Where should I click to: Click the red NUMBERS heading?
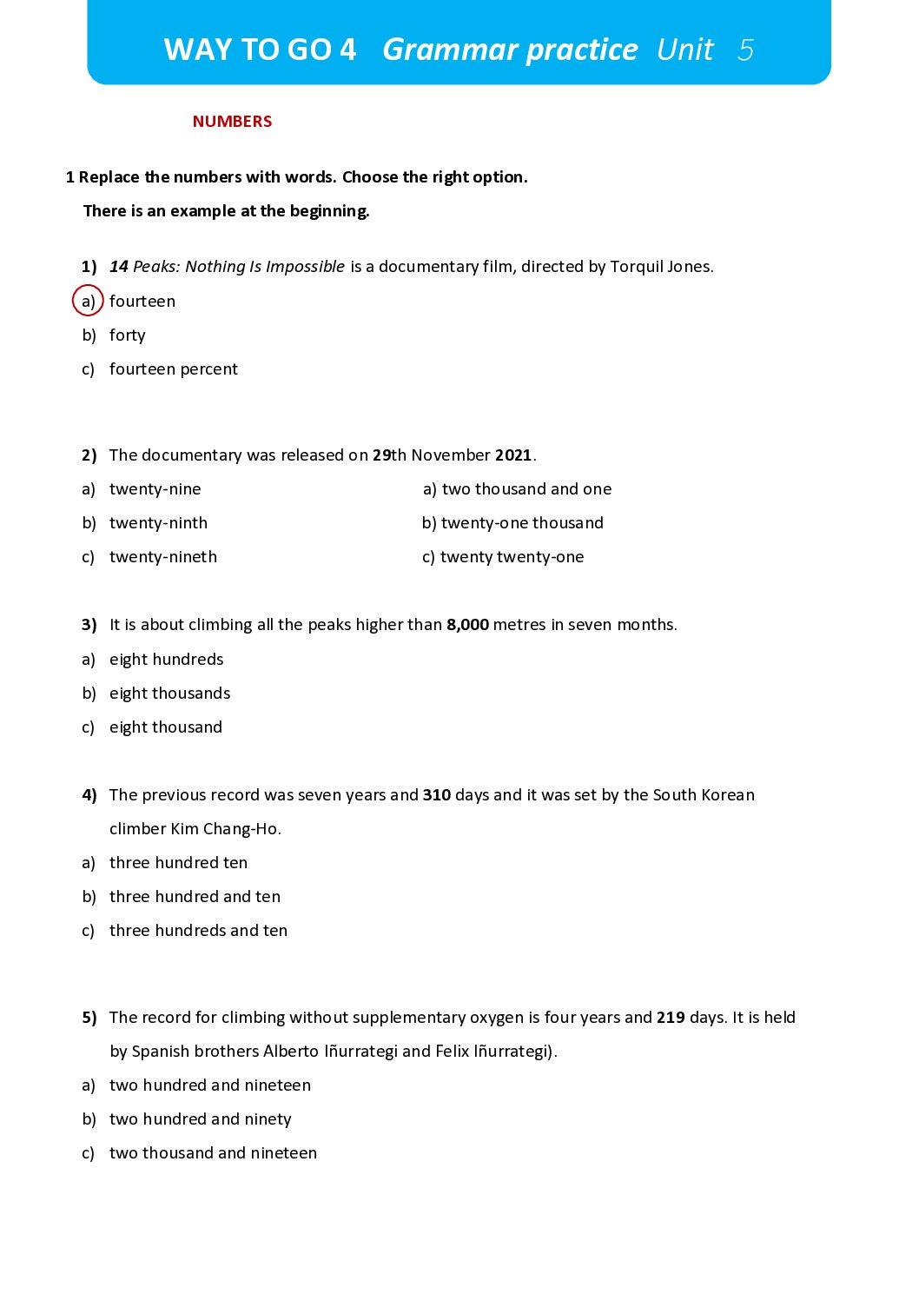[232, 122]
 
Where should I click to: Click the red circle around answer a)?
[88, 301]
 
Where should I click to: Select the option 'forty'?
[127, 335]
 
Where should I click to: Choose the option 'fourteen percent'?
[173, 369]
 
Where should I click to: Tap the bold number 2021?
[512, 455]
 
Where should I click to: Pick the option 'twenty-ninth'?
[158, 523]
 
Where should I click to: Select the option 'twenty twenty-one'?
[512, 557]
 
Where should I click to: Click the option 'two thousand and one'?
[526, 489]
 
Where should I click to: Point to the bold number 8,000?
[467, 625]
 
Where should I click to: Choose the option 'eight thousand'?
[165, 727]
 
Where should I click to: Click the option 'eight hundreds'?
[166, 660]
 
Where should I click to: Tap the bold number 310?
[437, 795]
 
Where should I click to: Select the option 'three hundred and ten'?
[195, 897]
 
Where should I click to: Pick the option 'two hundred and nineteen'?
[209, 1085]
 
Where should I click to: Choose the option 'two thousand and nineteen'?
[213, 1153]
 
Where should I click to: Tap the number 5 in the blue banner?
[745, 50]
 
